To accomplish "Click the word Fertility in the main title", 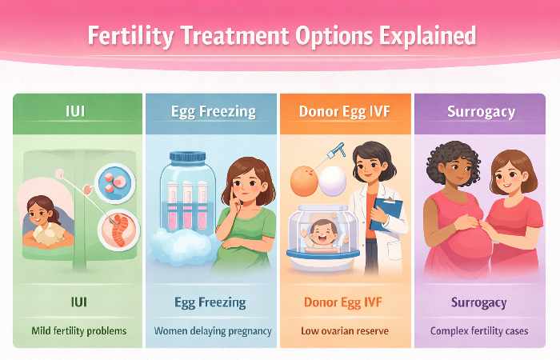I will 128,37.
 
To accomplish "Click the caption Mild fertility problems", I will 78,330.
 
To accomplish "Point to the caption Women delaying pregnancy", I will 211,330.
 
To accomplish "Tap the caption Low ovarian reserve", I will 345,330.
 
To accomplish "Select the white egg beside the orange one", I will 333,182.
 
